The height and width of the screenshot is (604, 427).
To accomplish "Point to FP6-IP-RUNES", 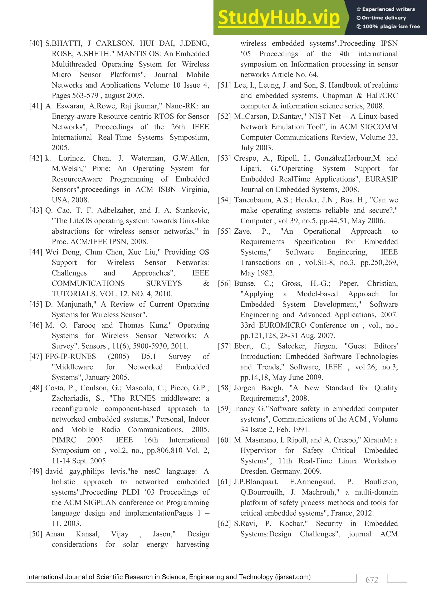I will [70, 356].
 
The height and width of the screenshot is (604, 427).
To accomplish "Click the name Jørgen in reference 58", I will [244, 388].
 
